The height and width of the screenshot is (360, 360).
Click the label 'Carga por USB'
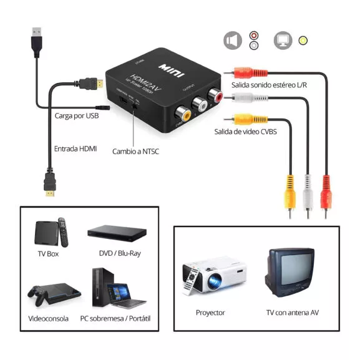tap(77, 116)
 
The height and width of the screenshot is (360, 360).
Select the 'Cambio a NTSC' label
tap(135, 151)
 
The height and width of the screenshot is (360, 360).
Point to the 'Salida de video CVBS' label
tap(245, 132)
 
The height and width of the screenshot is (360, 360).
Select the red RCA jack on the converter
tap(216, 97)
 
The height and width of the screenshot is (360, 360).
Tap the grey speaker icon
tap(233, 41)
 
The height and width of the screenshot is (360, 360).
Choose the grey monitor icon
tap(283, 41)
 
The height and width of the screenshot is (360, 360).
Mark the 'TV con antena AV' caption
tap(291, 313)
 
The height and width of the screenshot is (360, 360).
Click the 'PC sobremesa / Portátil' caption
tap(115, 319)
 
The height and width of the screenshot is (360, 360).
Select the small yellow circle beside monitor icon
tap(303, 41)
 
